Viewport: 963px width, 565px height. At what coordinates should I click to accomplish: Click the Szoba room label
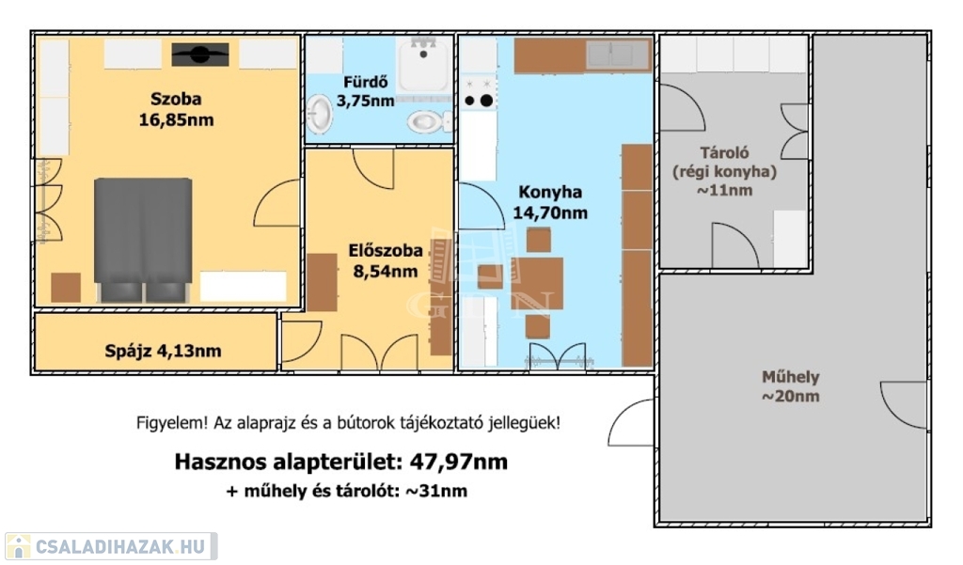(x=176, y=99)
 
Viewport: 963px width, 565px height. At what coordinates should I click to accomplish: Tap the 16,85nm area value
(x=176, y=119)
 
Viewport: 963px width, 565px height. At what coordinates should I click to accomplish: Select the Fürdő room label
(x=366, y=82)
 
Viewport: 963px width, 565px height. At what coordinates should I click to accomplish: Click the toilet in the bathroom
(x=428, y=121)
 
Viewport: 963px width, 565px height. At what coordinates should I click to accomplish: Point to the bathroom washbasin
(x=319, y=115)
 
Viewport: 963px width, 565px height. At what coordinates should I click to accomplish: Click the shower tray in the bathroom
(x=424, y=65)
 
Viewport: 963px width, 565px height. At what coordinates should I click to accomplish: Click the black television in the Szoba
(x=200, y=55)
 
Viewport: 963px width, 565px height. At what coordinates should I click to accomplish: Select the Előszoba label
(x=385, y=251)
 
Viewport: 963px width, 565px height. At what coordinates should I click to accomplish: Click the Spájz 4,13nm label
(x=163, y=352)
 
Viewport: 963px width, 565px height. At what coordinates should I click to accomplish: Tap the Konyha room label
(x=550, y=192)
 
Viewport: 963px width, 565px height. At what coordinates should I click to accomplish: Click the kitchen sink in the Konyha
(x=617, y=55)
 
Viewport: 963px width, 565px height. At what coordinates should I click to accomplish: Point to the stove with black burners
(x=479, y=93)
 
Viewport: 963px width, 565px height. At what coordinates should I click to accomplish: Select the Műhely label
(x=790, y=377)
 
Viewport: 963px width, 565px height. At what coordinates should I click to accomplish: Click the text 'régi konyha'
(x=725, y=172)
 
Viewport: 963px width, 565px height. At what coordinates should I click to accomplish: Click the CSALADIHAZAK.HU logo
(x=111, y=546)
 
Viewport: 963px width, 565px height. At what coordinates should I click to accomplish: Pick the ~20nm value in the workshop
(x=790, y=397)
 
